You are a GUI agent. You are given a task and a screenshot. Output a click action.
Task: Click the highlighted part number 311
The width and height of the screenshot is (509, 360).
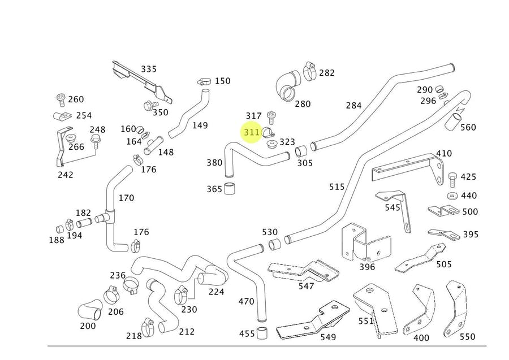click(252, 132)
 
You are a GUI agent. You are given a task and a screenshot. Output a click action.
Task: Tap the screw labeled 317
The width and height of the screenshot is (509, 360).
click(271, 118)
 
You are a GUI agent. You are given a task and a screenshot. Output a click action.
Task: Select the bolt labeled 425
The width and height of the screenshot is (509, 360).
click(452, 180)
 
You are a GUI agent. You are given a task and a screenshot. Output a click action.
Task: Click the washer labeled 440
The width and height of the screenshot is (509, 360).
click(451, 196)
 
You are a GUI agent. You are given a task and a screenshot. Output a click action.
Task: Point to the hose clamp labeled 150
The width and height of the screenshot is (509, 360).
click(204, 81)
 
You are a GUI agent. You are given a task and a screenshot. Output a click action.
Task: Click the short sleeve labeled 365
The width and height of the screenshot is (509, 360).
click(230, 188)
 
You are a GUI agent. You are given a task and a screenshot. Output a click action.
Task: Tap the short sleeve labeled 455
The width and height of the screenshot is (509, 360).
click(262, 333)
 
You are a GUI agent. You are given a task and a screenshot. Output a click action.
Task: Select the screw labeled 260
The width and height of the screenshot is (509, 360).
click(61, 99)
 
